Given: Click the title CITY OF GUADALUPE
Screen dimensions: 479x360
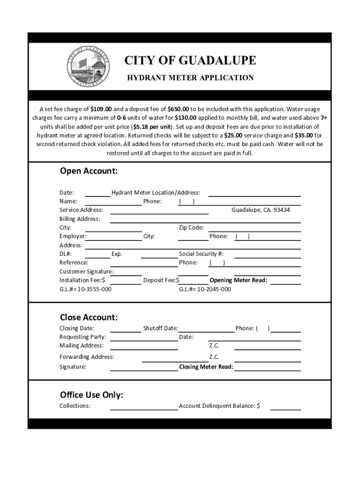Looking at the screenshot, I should (190, 60).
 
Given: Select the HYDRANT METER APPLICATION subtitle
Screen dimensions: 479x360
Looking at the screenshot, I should (190, 78).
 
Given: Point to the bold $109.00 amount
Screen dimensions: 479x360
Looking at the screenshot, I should (102, 109).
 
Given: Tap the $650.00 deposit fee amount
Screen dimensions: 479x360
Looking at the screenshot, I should (178, 109).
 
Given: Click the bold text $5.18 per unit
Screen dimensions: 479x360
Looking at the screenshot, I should (151, 127).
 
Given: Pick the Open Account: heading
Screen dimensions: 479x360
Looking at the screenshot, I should (88, 171).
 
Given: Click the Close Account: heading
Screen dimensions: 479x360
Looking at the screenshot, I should (88, 317).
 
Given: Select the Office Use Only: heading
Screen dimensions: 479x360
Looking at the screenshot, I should (91, 395).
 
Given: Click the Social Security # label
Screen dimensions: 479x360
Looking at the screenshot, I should (201, 254).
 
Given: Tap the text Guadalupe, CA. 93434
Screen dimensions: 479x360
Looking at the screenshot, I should (260, 210).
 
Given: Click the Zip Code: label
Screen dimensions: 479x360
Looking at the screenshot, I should (191, 228).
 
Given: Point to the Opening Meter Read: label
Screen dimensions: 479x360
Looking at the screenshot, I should (238, 280).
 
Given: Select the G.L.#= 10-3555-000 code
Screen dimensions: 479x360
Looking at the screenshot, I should (85, 289).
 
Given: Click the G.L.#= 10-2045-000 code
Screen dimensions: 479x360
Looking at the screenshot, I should (205, 289).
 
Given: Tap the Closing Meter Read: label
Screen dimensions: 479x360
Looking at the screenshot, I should (206, 367).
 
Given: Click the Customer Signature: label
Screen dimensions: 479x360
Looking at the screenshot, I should (86, 272).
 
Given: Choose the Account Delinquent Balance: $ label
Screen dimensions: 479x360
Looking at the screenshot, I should (219, 406).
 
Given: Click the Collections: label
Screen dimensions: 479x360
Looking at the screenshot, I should (75, 406).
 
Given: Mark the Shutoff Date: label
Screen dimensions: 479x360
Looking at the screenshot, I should (160, 328).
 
